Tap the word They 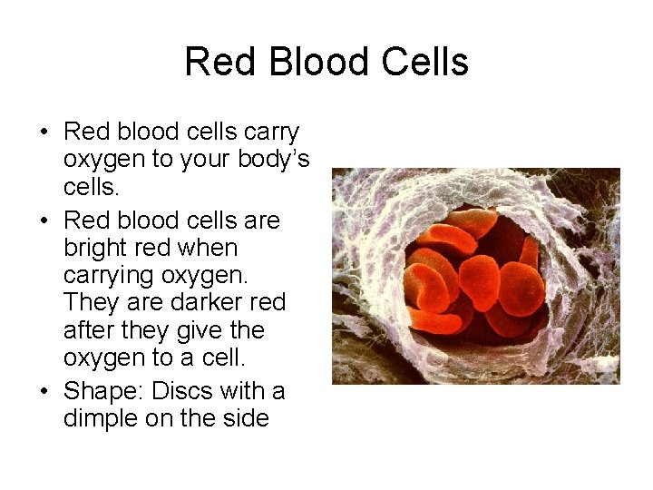pyautogui.click(x=90, y=301)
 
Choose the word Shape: pyautogui.click(x=104, y=392)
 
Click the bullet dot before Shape pyautogui.click(x=44, y=392)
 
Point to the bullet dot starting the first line pyautogui.click(x=44, y=132)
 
